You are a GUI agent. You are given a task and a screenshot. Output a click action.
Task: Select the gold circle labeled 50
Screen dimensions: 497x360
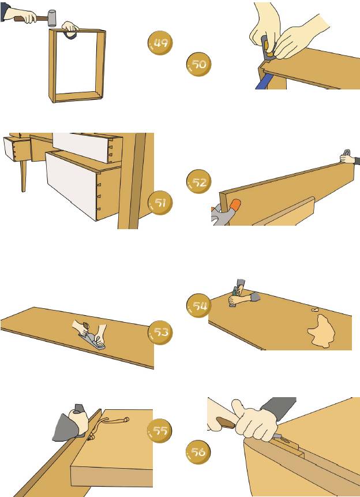(x=198, y=64)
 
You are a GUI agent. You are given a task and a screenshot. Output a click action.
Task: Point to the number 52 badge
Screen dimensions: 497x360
(x=199, y=182)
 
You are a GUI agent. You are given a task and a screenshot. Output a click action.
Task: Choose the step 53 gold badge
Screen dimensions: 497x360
(x=160, y=332)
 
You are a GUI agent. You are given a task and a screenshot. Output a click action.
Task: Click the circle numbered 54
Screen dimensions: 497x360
(x=199, y=306)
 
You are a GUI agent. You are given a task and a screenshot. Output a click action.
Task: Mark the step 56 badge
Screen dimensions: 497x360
(x=198, y=453)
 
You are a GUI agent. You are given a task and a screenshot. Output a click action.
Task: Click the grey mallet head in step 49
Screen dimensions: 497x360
(x=51, y=18)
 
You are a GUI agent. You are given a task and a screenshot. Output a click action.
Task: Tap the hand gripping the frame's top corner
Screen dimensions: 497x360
(x=70, y=28)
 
